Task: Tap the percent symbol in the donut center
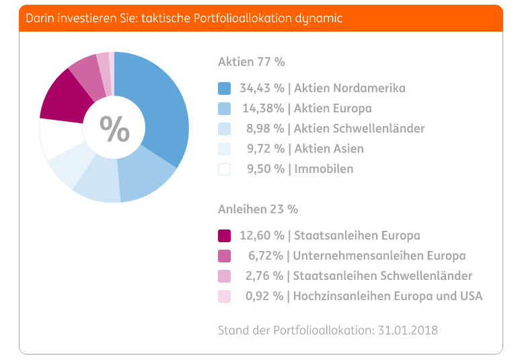[114, 129]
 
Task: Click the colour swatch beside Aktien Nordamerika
[225, 88]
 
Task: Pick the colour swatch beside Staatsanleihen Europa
[225, 236]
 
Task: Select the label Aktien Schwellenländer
[359, 129]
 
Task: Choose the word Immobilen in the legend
[324, 169]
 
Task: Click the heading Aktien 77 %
[252, 62]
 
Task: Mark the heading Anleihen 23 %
[258, 209]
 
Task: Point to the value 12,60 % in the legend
[262, 236]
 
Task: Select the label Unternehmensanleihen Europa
[379, 256]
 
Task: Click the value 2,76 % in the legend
[264, 276]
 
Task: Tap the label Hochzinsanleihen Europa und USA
[388, 295]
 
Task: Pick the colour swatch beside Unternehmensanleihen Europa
[225, 256]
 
